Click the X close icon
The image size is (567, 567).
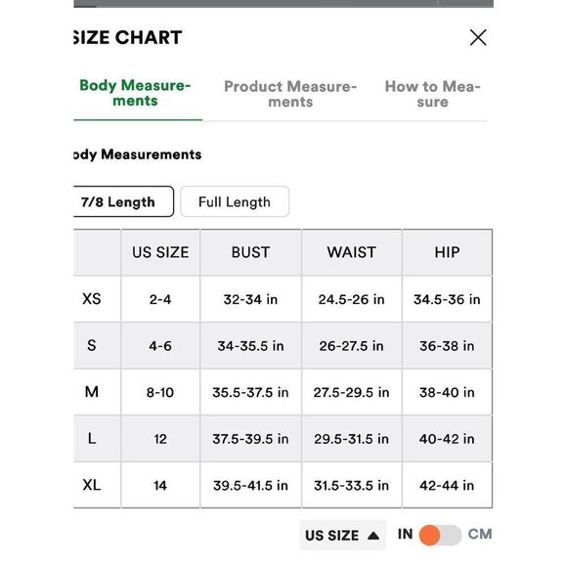[478, 38]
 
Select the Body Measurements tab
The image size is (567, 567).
[136, 93]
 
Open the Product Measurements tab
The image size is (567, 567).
[290, 94]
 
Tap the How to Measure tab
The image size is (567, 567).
[432, 94]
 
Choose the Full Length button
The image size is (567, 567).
[235, 202]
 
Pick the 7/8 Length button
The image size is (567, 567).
[119, 202]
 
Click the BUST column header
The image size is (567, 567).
[250, 252]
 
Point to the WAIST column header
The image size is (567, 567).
[351, 252]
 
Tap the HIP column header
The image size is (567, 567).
[447, 252]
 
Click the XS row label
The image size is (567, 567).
[92, 299]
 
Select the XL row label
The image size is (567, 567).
[92, 485]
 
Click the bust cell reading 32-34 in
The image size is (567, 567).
[250, 299]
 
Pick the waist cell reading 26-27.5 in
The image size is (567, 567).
[351, 346]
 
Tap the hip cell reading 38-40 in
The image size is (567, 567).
[447, 392]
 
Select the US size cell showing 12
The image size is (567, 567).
[160, 439]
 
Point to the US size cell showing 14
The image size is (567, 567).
[160, 485]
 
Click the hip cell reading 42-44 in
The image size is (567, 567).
[447, 485]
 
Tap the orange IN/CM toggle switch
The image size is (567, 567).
[440, 535]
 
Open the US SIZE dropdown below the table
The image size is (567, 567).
[341, 536]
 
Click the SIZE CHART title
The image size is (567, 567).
[127, 38]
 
